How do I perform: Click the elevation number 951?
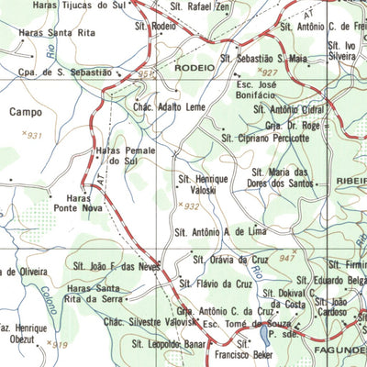(x=146, y=73)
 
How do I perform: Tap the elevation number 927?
(x=269, y=72)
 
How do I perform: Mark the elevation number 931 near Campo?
(x=35, y=135)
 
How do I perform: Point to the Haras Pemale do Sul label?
(x=122, y=156)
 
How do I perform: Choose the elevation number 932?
(x=190, y=207)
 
